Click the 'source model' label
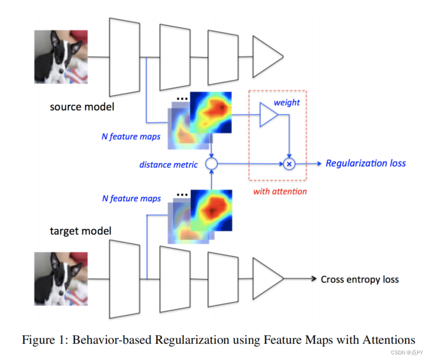point(82,107)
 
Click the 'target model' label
point(81,231)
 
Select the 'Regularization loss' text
point(366,163)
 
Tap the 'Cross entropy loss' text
point(360,279)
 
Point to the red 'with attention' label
point(280,191)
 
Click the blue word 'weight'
point(286,102)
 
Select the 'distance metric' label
point(168,165)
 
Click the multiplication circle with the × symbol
point(289,164)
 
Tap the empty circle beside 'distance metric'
point(211,164)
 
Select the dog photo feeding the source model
point(61,56)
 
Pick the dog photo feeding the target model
point(61,278)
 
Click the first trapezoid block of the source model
point(124,56)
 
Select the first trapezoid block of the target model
point(124,278)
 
